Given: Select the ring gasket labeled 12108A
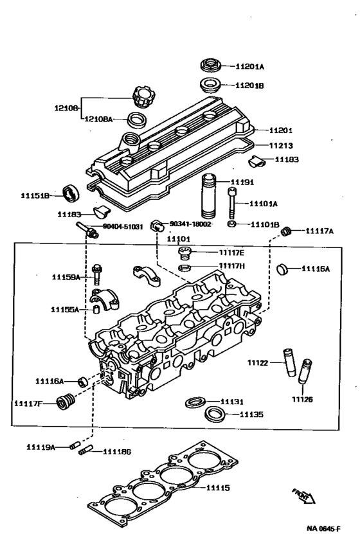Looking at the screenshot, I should pyautogui.click(x=136, y=120).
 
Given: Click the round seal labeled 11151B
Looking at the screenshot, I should pyautogui.click(x=69, y=192).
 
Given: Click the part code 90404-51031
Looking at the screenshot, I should pyautogui.click(x=124, y=227).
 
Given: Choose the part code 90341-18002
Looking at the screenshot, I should pyautogui.click(x=191, y=224).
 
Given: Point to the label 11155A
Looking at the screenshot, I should pyautogui.click(x=66, y=309).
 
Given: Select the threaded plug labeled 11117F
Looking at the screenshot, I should pyautogui.click(x=63, y=403).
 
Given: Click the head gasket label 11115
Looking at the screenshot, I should pyautogui.click(x=217, y=488).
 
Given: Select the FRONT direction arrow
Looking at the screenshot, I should pyautogui.click(x=301, y=495).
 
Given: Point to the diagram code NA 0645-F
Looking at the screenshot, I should pyautogui.click(x=324, y=528).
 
